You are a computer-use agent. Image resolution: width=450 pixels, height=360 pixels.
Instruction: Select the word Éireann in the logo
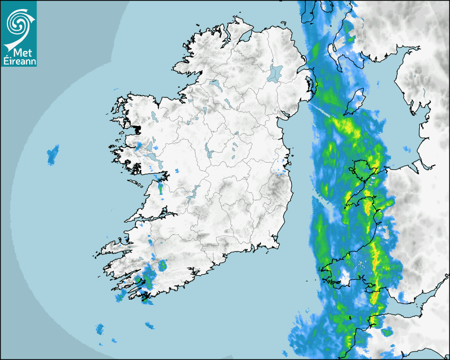pyautogui.click(x=19, y=61)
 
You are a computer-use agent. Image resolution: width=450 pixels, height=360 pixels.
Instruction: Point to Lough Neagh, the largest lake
pyautogui.click(x=276, y=73)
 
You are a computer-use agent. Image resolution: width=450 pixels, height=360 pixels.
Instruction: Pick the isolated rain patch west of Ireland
pyautogui.click(x=52, y=154)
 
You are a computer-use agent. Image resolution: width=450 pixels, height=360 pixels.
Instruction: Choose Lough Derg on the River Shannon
pyautogui.click(x=195, y=191)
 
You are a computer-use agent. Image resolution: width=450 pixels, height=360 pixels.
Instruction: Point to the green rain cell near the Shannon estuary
pyautogui.click(x=160, y=187)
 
